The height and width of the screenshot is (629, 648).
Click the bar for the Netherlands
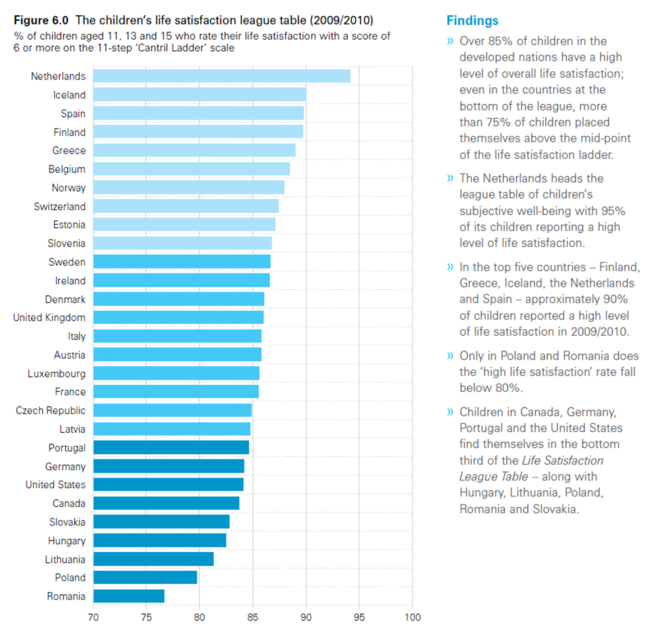(222, 76)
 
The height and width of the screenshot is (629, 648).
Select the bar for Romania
(129, 596)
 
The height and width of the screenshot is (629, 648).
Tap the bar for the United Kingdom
(178, 318)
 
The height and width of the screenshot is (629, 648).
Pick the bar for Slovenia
(182, 243)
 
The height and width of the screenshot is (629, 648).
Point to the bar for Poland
(145, 577)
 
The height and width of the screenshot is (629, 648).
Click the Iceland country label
(69, 95)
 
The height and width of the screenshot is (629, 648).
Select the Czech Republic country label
(50, 410)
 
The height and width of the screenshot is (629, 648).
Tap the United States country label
(56, 484)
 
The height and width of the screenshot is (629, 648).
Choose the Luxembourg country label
(57, 373)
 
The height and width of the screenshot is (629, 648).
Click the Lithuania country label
(65, 559)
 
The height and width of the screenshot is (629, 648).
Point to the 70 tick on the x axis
(93, 617)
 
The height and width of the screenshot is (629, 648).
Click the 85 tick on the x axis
(252, 617)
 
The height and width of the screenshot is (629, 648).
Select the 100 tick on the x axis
(412, 617)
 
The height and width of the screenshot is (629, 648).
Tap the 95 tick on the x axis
(359, 617)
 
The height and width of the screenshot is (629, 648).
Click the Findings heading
(472, 21)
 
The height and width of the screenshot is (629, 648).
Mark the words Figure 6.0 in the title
(41, 20)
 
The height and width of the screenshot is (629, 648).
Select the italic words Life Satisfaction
(563, 460)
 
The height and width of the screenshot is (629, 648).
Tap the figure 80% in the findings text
(508, 388)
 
